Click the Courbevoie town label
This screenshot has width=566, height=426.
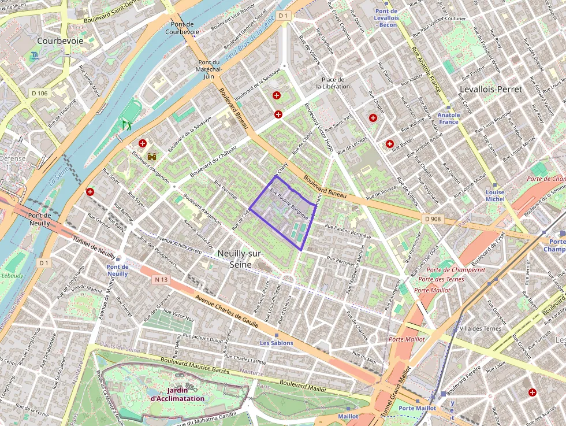click(x=60, y=41)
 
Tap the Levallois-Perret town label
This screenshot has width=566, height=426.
click(x=490, y=89)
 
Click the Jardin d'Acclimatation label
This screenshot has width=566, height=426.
click(x=177, y=394)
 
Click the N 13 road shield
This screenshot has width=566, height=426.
click(x=161, y=280)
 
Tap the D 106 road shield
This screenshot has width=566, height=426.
click(x=39, y=93)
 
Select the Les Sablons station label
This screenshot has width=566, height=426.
click(x=276, y=343)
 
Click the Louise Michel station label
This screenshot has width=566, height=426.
click(x=495, y=195)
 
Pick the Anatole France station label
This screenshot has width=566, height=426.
click(x=449, y=118)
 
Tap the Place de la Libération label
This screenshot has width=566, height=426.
click(x=333, y=83)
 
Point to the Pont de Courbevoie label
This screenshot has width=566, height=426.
click(x=182, y=28)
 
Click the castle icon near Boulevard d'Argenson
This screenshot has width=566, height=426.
click(x=153, y=156)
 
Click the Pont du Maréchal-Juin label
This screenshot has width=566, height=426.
click(x=209, y=69)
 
